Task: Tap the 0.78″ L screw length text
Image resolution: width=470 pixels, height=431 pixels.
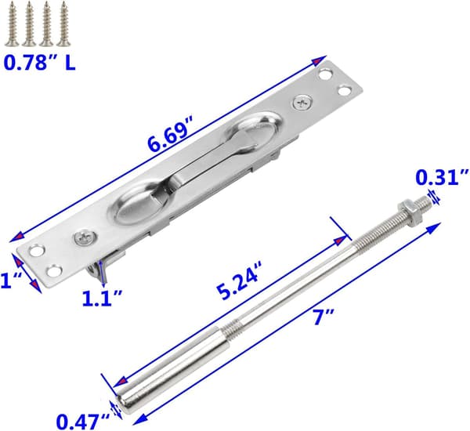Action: coord(40,63)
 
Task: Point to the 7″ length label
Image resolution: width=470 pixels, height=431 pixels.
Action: coord(320,318)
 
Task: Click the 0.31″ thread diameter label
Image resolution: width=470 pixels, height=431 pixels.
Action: coord(442,178)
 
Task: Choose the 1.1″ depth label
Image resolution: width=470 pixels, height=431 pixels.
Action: coord(102,298)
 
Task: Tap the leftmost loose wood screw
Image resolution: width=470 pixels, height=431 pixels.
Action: coord(12,24)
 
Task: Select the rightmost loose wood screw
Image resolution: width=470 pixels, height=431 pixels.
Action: coord(63,24)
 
